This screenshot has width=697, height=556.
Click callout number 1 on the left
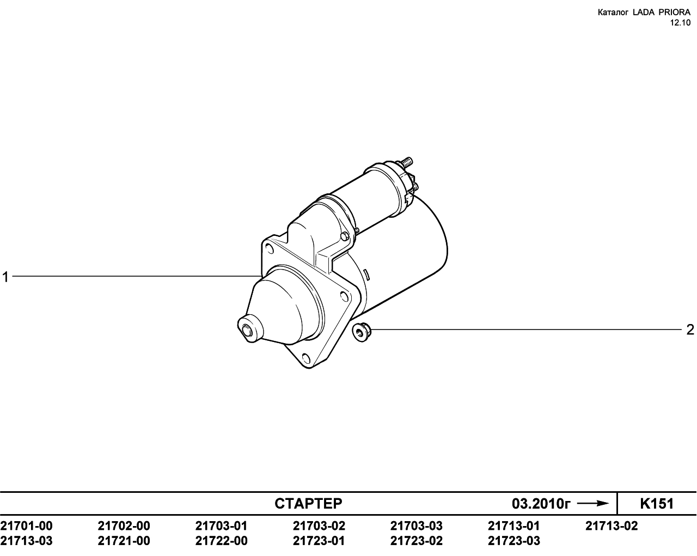pos(5,277)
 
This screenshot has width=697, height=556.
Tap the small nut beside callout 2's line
pos(362,332)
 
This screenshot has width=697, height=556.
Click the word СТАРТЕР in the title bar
pos(308,504)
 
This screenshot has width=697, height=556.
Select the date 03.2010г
pos(541,504)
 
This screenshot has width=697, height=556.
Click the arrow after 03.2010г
pos(594,504)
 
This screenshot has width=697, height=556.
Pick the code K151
pos(657,504)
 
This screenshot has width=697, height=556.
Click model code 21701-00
pos(26,526)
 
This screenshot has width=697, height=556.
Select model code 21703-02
pos(319,526)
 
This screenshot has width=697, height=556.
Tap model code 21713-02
pos(612,526)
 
